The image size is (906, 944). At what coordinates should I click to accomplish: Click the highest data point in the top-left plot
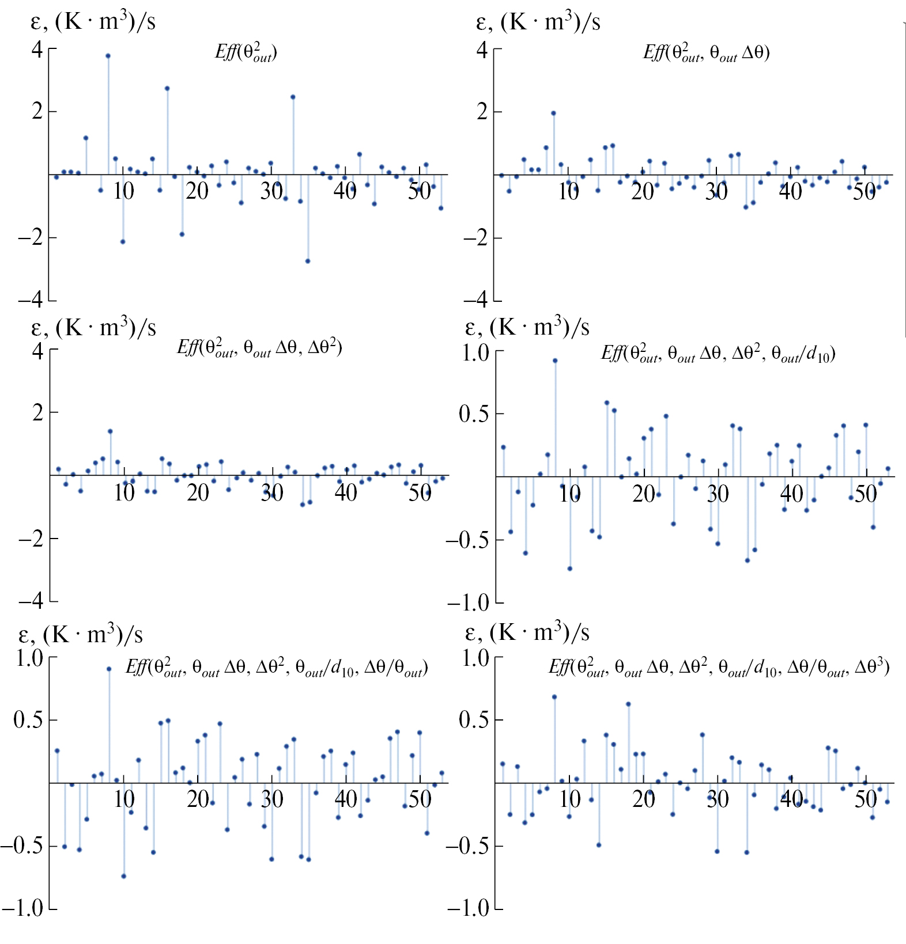pos(108,56)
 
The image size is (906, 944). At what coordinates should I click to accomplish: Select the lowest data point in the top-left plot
pos(308,261)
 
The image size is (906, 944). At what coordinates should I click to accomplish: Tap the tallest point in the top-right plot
pos(553,113)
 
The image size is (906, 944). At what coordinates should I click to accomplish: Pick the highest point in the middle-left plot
pos(110,431)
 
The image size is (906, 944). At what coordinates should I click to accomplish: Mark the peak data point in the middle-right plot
pos(555,361)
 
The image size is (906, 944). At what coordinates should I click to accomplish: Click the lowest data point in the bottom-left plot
pos(124,876)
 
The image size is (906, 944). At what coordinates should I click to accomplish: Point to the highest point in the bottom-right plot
pos(554,696)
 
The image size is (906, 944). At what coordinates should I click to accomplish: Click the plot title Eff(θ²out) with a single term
pos(246,52)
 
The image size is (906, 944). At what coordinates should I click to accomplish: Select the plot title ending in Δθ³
pos(719,668)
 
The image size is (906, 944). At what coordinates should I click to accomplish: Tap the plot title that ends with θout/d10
pos(718,353)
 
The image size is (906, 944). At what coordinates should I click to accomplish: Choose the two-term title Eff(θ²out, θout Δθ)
pos(707,53)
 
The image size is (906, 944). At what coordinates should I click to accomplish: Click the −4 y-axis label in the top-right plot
pos(476,299)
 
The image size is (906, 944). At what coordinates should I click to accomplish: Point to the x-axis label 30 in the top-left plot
pos(271,191)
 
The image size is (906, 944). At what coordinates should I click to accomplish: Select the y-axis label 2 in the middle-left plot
pos(38,412)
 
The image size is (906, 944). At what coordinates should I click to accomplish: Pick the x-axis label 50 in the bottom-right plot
pos(865,799)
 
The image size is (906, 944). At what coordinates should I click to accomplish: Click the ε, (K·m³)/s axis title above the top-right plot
pos(538,22)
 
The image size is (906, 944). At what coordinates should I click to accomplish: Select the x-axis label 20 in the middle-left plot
pos(198,493)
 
